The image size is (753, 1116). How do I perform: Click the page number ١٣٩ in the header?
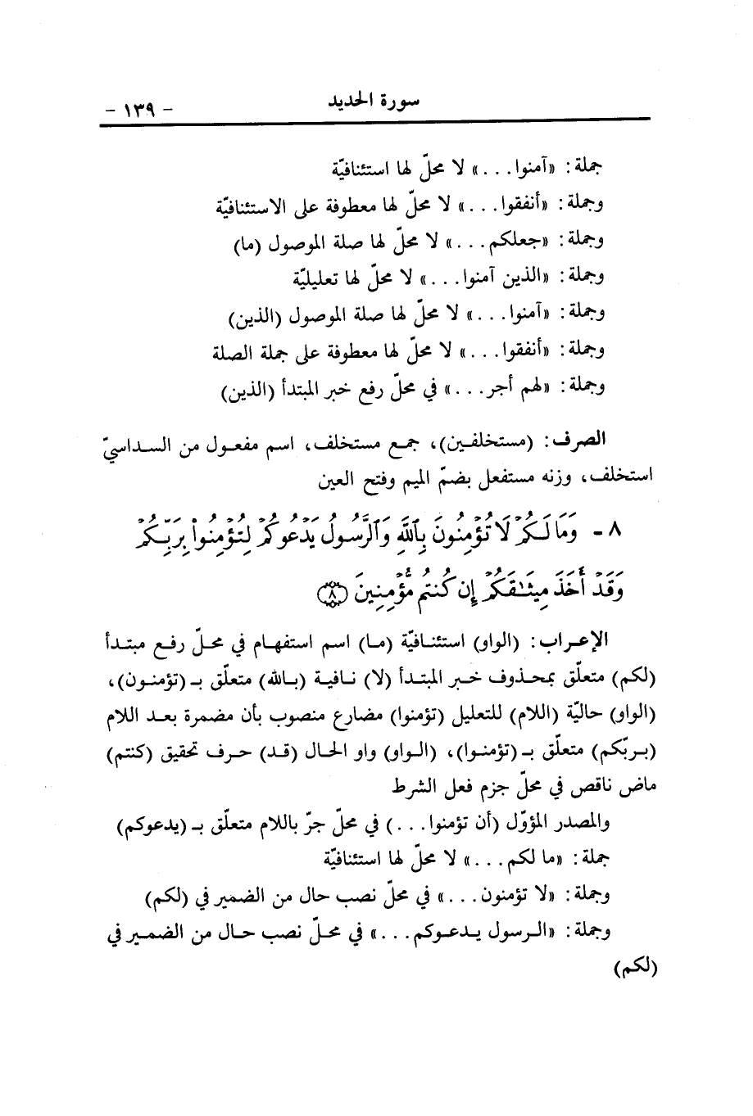click(x=136, y=107)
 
